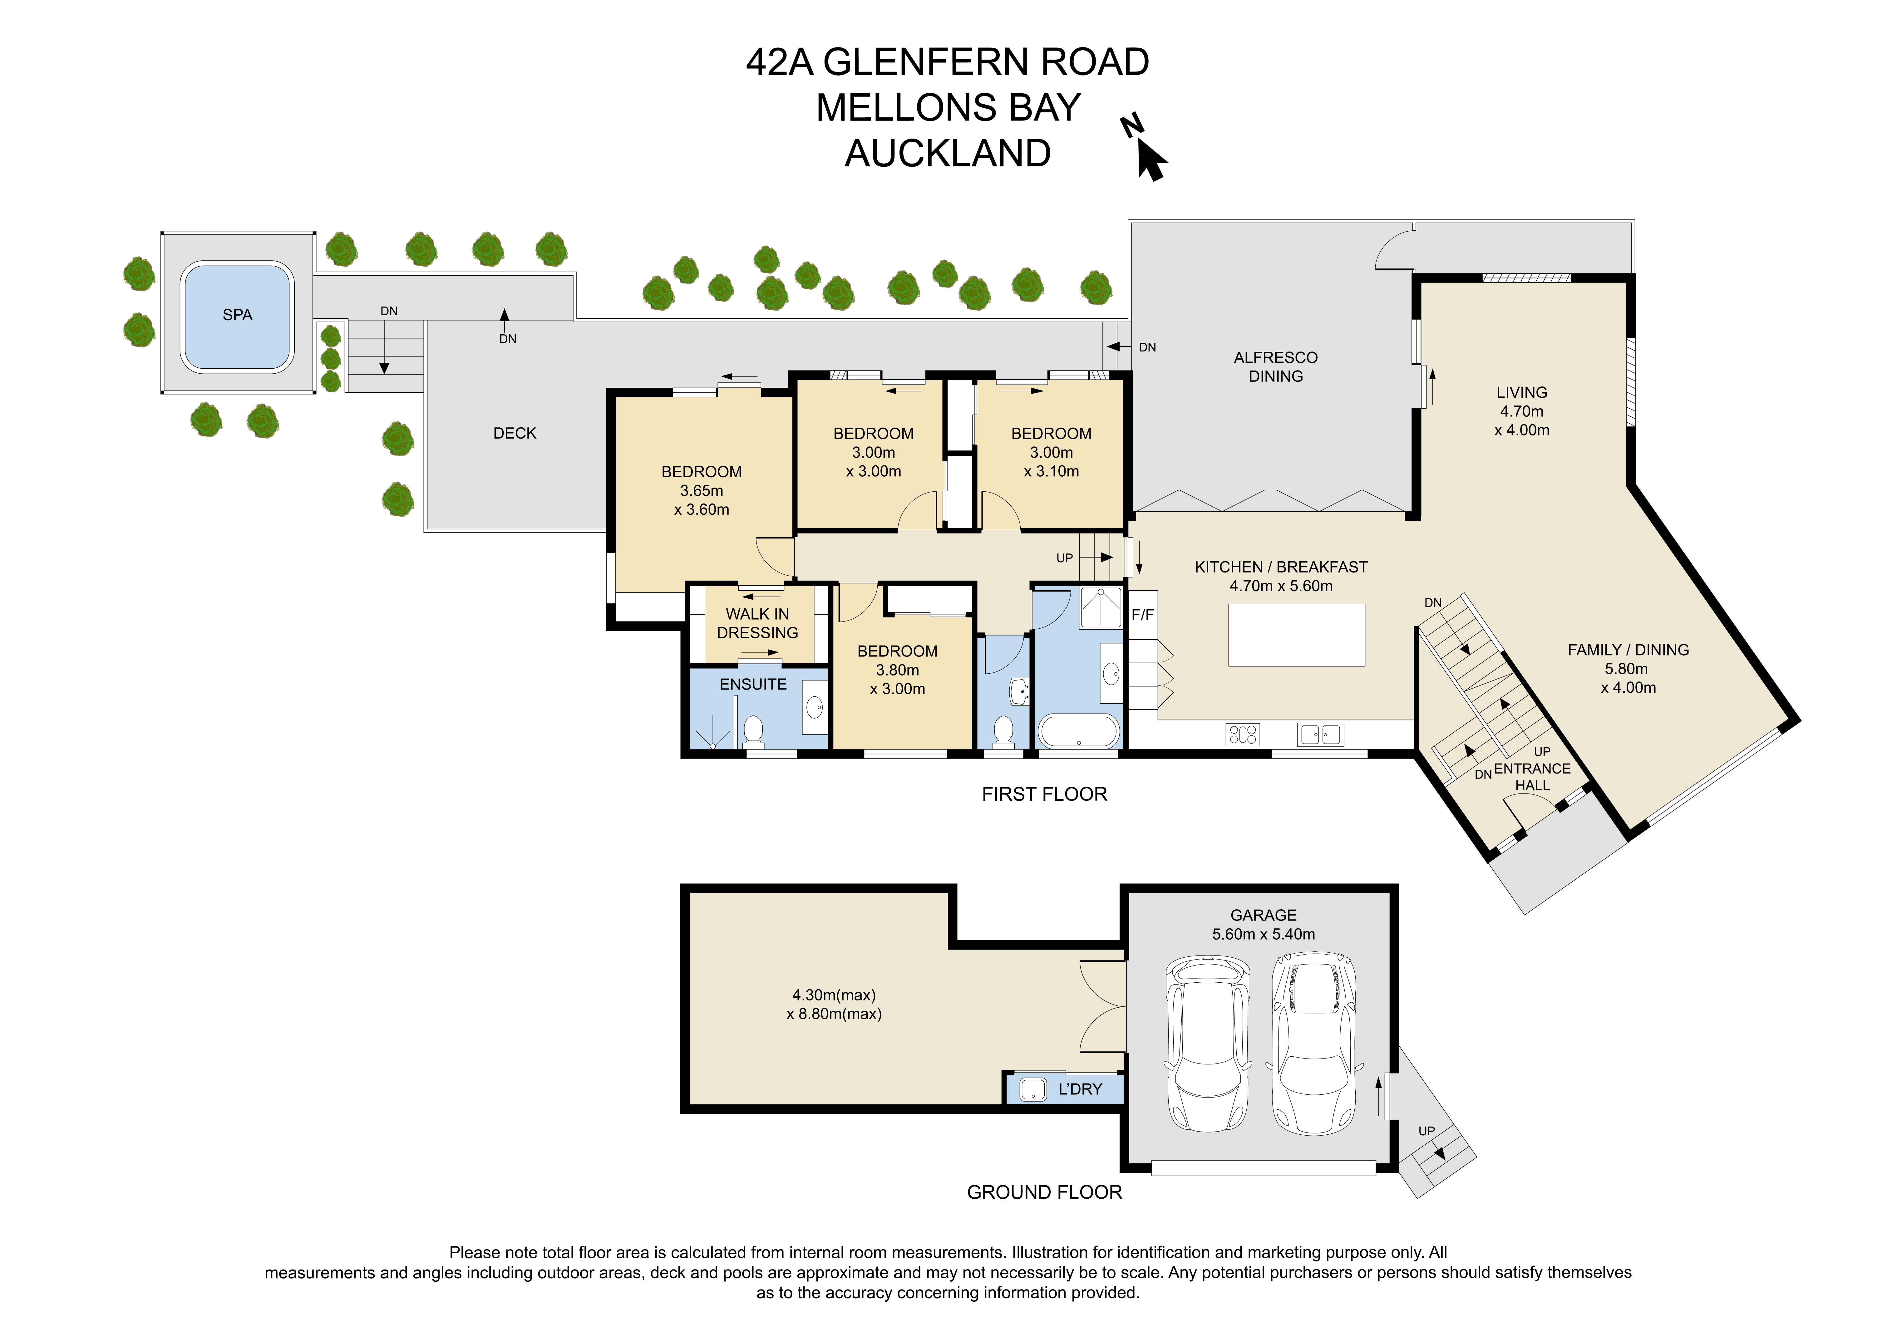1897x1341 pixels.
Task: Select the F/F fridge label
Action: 1143,615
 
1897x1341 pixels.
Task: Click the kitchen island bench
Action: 1296,635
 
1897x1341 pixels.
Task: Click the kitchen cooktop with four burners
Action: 1243,734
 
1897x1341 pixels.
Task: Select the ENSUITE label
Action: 753,684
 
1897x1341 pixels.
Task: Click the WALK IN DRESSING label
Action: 758,623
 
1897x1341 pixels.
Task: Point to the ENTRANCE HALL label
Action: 1532,777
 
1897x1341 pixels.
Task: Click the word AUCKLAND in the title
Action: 948,154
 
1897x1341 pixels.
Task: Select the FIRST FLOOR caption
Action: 1044,794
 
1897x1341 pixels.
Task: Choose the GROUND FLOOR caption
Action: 1044,1192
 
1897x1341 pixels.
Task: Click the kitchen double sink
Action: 1320,734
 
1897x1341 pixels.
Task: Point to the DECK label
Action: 515,433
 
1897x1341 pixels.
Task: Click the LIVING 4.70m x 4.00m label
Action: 1522,411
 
